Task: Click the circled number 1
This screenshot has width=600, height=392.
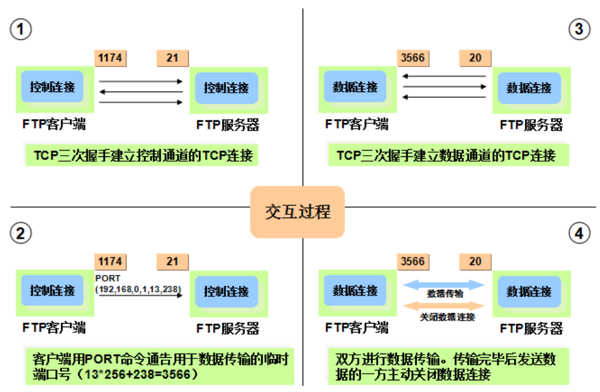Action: click(21, 29)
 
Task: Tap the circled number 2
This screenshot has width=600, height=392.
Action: click(21, 233)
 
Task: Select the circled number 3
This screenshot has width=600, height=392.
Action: click(579, 29)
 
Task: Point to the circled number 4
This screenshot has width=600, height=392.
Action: click(579, 233)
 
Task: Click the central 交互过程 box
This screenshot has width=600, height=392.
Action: click(298, 211)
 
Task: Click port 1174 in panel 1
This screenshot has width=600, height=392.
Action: click(110, 58)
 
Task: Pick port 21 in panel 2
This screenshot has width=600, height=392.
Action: click(172, 261)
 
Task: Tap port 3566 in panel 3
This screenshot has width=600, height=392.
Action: click(412, 58)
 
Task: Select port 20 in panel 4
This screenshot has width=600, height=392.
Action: click(475, 261)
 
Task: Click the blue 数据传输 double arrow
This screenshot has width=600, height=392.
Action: click(444, 285)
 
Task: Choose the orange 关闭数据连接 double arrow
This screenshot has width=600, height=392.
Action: click(444, 305)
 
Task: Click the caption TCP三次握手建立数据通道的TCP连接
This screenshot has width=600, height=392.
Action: click(446, 155)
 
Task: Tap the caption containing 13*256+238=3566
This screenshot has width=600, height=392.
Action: click(158, 365)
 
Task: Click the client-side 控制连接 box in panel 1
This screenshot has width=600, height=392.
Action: click(53, 87)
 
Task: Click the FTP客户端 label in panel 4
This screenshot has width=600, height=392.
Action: click(357, 328)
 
